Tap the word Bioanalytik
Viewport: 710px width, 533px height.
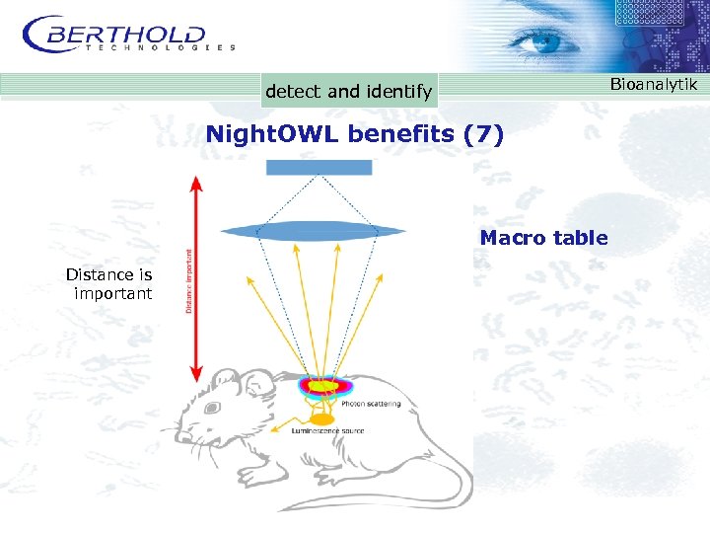pos(653,85)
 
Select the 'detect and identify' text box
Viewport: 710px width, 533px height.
pos(348,92)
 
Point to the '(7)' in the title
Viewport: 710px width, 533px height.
pos(483,133)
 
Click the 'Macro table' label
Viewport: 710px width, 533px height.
pos(543,238)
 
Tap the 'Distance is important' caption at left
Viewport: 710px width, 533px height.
pos(109,284)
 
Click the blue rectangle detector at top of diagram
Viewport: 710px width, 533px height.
pos(319,168)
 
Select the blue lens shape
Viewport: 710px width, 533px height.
pos(314,232)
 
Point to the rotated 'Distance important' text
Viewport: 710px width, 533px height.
pos(189,280)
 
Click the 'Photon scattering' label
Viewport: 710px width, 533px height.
pos(371,405)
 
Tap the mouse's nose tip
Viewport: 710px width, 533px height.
pos(177,435)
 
